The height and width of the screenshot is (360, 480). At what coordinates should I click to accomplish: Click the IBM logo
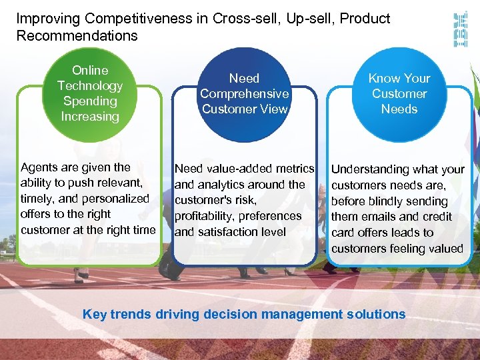click(x=460, y=29)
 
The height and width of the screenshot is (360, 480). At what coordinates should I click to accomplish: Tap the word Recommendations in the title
click(x=77, y=36)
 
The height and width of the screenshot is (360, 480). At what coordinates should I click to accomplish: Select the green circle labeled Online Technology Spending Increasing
click(x=90, y=93)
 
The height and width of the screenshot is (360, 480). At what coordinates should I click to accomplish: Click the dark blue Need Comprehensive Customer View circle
click(x=245, y=93)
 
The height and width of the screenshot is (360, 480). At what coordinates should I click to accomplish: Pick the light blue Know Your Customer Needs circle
click(x=399, y=93)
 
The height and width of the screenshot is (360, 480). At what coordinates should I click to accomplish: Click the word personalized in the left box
click(x=114, y=199)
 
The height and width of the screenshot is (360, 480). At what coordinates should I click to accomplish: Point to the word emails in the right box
click(x=381, y=217)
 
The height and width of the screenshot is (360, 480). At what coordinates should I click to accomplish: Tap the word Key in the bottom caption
click(x=94, y=314)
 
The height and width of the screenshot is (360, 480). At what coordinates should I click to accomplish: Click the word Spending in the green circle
click(x=90, y=101)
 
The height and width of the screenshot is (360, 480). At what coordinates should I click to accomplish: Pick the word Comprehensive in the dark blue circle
click(x=245, y=94)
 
